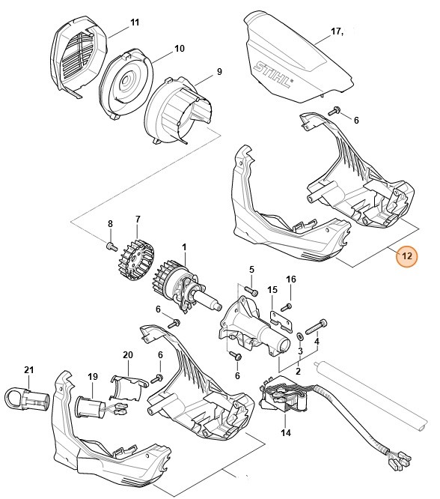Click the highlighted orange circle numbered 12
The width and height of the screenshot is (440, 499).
(407, 256)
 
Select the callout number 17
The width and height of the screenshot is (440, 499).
(336, 31)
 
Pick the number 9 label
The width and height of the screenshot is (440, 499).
(219, 72)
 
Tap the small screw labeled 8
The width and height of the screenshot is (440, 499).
(110, 246)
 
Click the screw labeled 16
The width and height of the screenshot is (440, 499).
(287, 306)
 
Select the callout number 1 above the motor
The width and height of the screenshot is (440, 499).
(184, 247)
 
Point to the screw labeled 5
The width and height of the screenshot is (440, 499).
(251, 291)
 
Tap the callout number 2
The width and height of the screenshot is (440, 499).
(298, 370)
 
